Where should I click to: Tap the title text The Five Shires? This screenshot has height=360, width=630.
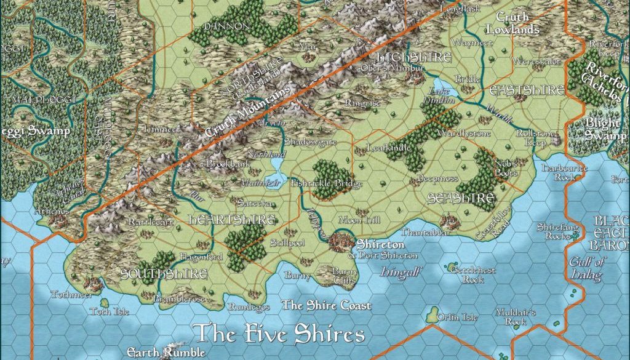[x=280, y=334]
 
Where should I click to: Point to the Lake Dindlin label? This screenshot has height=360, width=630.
[x=438, y=94]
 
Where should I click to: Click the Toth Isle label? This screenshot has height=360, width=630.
[x=110, y=312]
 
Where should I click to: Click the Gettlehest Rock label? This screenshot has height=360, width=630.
[x=471, y=274]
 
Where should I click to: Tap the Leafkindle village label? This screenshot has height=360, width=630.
[x=388, y=148]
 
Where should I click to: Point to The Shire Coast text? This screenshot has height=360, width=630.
[x=326, y=305]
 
